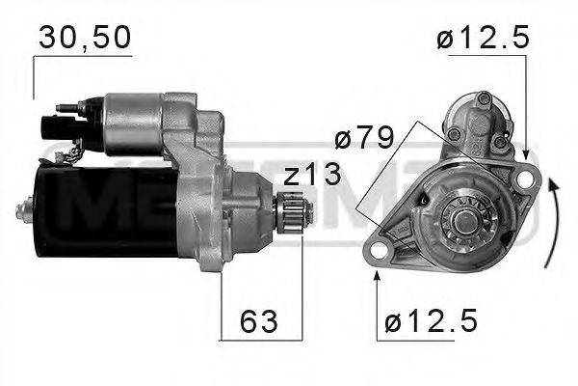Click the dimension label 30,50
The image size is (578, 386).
pos(84,36)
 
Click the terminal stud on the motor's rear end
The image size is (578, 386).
pos(23,206)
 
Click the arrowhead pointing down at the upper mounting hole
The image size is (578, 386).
pos(526,154)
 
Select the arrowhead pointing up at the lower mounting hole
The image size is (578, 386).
pos(377,276)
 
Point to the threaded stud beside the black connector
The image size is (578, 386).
pos(65,107)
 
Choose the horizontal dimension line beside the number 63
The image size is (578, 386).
pos(260,341)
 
